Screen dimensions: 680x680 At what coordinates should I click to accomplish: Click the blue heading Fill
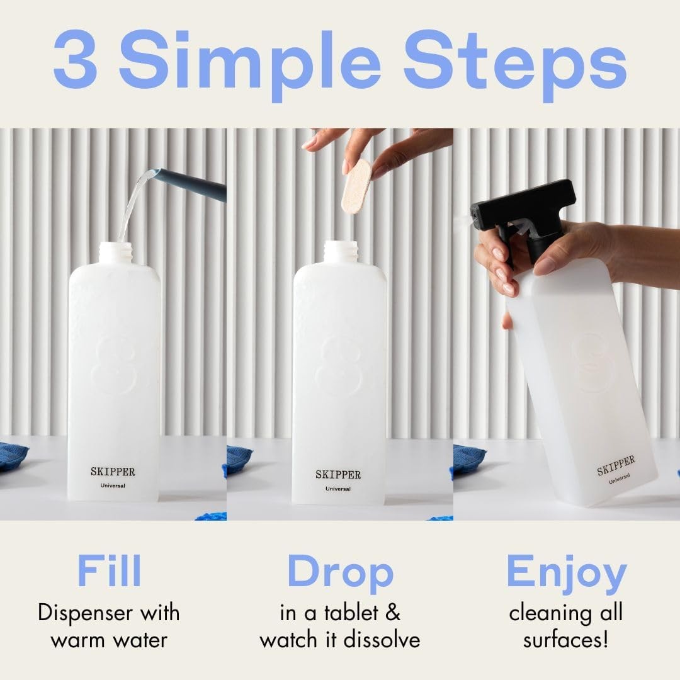[x=109, y=572]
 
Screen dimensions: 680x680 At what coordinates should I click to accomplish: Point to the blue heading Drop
[x=340, y=572]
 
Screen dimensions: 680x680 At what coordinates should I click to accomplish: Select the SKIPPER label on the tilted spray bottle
[x=616, y=465]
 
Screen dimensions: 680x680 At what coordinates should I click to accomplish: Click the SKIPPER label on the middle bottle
[x=338, y=474]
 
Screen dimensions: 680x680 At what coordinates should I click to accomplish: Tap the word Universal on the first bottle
[x=113, y=485]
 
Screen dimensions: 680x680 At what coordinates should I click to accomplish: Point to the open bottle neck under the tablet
[x=340, y=252]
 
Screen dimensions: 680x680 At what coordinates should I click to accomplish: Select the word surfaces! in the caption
[x=566, y=640]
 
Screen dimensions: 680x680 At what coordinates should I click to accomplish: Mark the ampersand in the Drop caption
[x=392, y=613]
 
